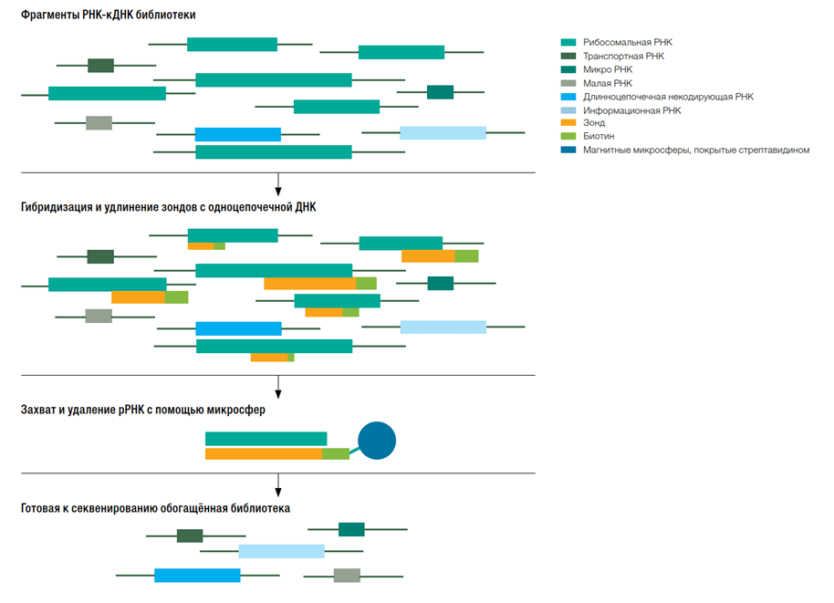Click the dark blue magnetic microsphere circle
pos(377,441)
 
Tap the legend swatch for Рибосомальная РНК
pos(568,42)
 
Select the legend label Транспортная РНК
pos(623,56)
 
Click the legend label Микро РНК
pos(608,69)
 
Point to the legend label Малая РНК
pos(608,83)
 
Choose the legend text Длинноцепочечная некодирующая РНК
pos(668,97)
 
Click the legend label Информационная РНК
pos(631,110)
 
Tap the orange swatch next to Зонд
pos(568,122)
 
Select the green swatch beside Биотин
pos(568,136)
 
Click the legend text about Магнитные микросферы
pos(696,150)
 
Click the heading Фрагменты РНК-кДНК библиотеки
pos(108,15)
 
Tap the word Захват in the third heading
pos(38,410)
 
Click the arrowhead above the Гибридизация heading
pos(277,192)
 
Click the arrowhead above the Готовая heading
pos(277,493)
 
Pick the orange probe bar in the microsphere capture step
pos(264,453)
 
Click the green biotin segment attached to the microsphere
pos(336,453)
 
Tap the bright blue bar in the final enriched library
pos(197,576)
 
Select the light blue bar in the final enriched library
pos(281,551)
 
